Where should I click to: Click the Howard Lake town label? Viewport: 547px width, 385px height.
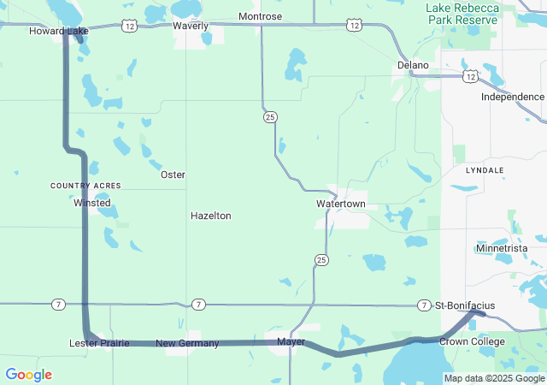click(x=59, y=31)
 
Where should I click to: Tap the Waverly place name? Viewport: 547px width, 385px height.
click(x=191, y=26)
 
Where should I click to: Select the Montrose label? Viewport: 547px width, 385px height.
click(x=260, y=16)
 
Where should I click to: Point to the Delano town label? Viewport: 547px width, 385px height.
click(x=413, y=65)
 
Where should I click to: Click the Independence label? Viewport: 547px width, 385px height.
click(x=512, y=97)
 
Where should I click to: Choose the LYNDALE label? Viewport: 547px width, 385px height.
click(x=485, y=170)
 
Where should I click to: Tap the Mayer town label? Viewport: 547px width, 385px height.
click(x=291, y=342)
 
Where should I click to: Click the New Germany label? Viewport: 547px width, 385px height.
click(x=187, y=343)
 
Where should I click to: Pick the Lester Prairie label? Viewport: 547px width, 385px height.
click(x=99, y=343)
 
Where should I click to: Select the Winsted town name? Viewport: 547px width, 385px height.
click(x=92, y=203)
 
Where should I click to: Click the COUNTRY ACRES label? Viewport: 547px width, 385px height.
click(x=85, y=186)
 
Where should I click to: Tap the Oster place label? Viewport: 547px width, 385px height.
click(x=173, y=175)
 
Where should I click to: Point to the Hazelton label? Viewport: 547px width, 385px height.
click(x=210, y=216)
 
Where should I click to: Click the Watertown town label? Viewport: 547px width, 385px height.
click(x=340, y=204)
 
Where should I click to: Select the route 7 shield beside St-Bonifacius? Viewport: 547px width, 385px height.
click(x=425, y=305)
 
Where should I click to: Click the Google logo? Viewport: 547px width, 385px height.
click(x=28, y=375)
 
